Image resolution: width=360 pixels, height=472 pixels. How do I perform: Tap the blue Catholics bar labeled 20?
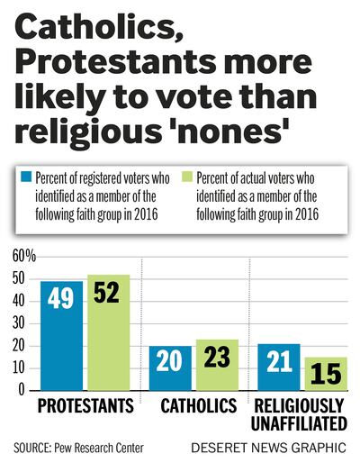(169, 368)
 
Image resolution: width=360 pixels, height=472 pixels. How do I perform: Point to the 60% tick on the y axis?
(24, 257)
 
